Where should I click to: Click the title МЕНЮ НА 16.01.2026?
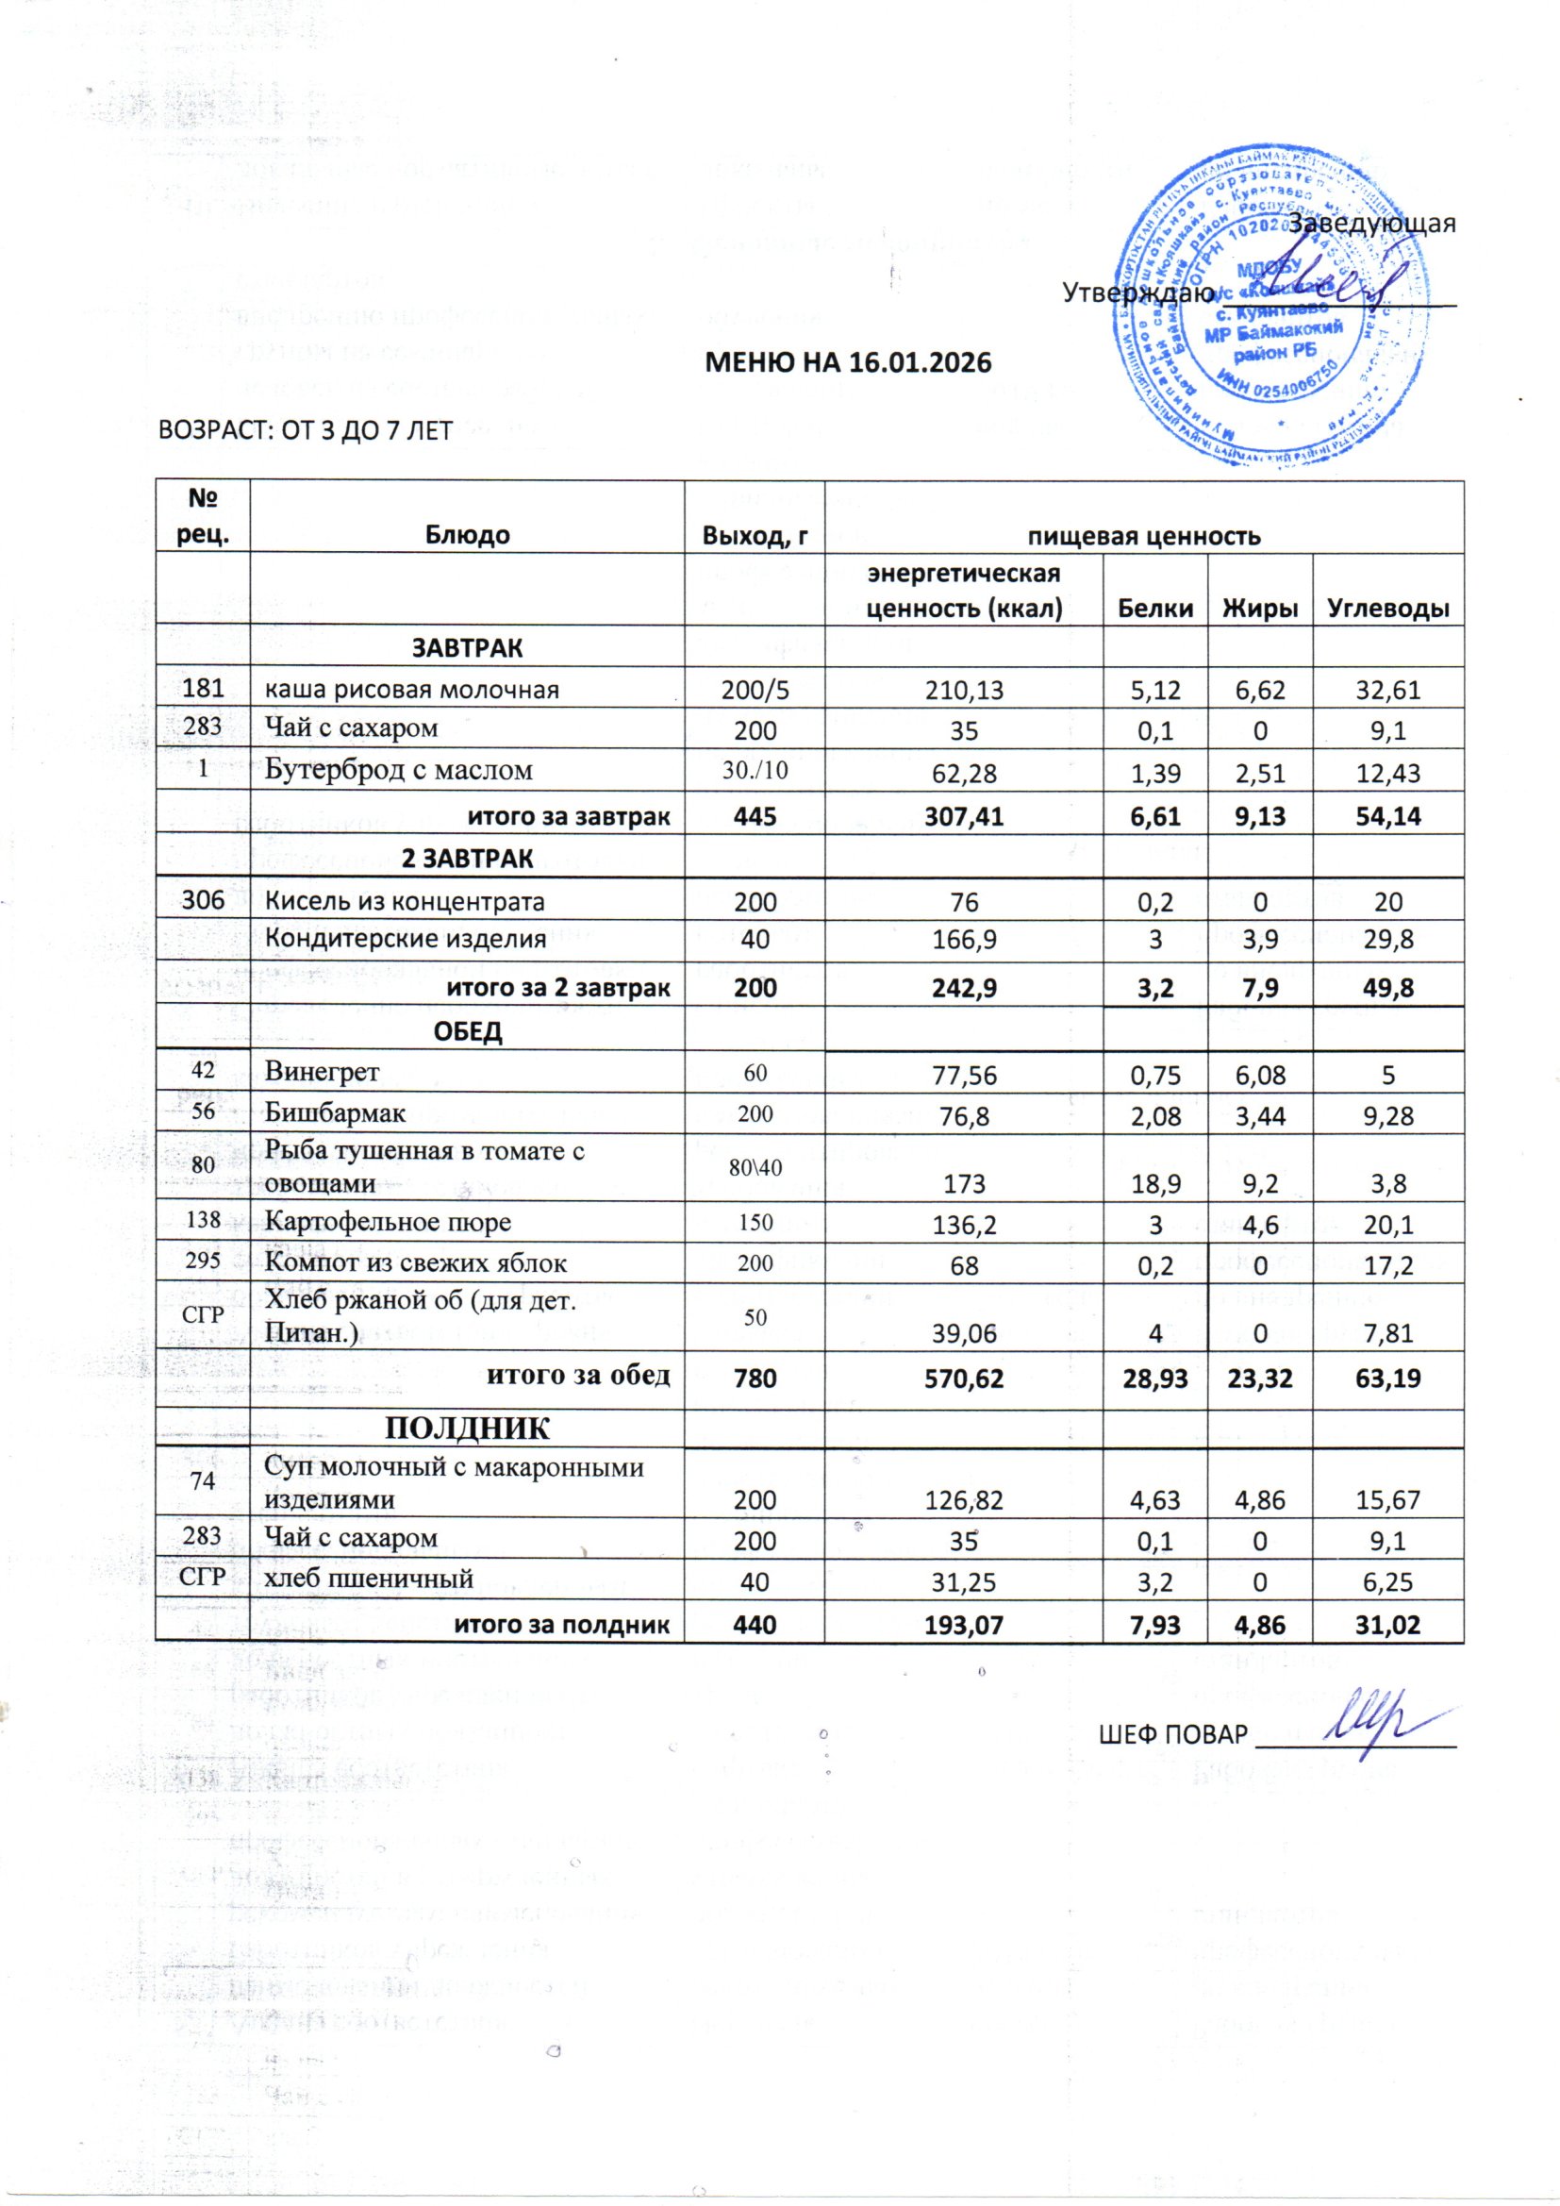click(848, 363)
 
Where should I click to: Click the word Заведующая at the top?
click(1371, 223)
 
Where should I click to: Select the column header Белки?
click(1154, 609)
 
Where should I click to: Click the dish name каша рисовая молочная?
click(412, 689)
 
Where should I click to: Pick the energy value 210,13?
click(964, 689)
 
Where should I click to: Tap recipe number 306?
click(203, 900)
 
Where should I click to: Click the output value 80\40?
click(755, 1167)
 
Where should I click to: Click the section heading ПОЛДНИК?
click(468, 1429)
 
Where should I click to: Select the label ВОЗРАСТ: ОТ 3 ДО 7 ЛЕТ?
click(305, 430)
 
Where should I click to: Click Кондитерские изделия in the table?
click(406, 938)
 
